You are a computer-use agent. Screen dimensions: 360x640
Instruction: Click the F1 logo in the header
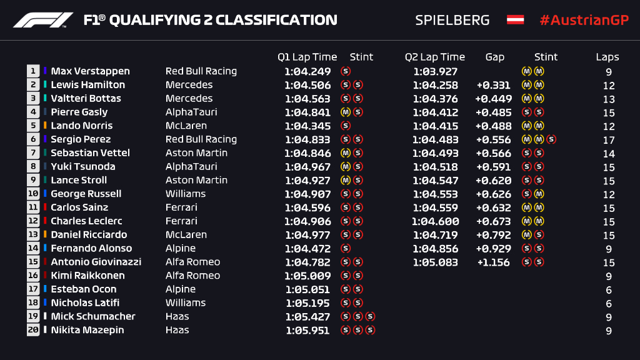pyautogui.click(x=43, y=20)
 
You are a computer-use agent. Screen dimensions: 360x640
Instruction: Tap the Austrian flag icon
pyautogui.click(x=515, y=20)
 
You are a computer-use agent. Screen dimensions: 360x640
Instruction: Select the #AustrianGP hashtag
pyautogui.click(x=584, y=20)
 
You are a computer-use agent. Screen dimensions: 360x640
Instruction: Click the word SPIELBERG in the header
pyautogui.click(x=452, y=20)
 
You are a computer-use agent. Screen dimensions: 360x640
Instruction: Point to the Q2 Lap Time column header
pyautogui.click(x=435, y=57)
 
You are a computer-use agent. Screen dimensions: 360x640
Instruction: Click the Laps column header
pyautogui.click(x=607, y=57)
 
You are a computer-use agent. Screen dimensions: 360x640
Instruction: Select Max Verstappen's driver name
pyautogui.click(x=90, y=71)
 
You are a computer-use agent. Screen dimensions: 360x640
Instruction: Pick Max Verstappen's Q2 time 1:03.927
pyautogui.click(x=435, y=72)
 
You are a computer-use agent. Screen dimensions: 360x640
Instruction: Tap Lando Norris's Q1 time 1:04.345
pyautogui.click(x=307, y=126)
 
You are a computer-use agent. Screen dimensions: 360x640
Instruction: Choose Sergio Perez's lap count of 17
pyautogui.click(x=609, y=140)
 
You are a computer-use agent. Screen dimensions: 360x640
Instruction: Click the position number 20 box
pyautogui.click(x=33, y=330)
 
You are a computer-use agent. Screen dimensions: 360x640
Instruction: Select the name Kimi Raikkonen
pyautogui.click(x=87, y=276)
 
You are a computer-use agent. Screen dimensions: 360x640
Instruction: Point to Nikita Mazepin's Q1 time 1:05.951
pyautogui.click(x=307, y=331)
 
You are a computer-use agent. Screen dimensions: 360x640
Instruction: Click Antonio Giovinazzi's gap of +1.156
pyautogui.click(x=493, y=262)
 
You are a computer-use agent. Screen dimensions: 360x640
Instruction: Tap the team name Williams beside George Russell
pyautogui.click(x=186, y=194)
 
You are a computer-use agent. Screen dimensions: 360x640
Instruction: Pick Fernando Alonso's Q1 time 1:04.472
pyautogui.click(x=307, y=249)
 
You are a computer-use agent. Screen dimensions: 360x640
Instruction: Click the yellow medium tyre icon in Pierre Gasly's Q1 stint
pyautogui.click(x=344, y=112)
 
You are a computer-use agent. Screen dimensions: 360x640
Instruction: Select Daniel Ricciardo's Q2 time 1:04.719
pyautogui.click(x=435, y=235)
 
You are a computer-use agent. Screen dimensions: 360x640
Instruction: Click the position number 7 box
pyautogui.click(x=33, y=153)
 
